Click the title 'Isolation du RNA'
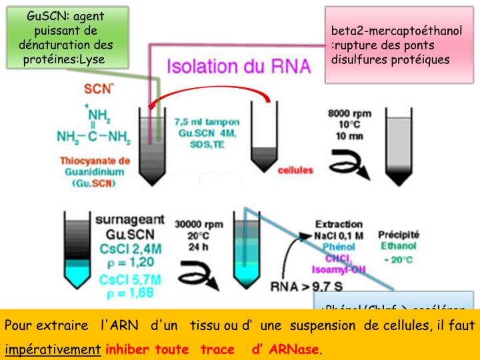coord(237,67)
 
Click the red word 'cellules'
coord(294,170)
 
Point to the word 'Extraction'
coord(338,224)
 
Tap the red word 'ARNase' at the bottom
coord(294,349)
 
